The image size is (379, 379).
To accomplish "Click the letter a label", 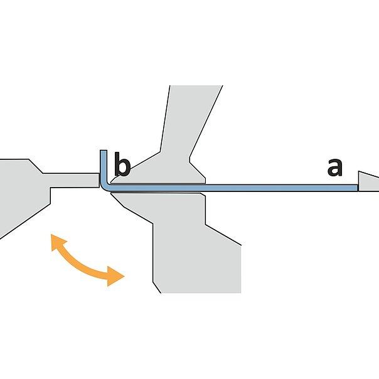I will [x=335, y=167].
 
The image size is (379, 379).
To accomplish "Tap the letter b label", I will [x=121, y=166].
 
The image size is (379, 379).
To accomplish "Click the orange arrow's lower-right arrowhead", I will [x=115, y=275].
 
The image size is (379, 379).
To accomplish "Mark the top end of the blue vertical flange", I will [x=104, y=152].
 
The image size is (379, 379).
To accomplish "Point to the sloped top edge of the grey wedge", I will [x=368, y=174].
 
